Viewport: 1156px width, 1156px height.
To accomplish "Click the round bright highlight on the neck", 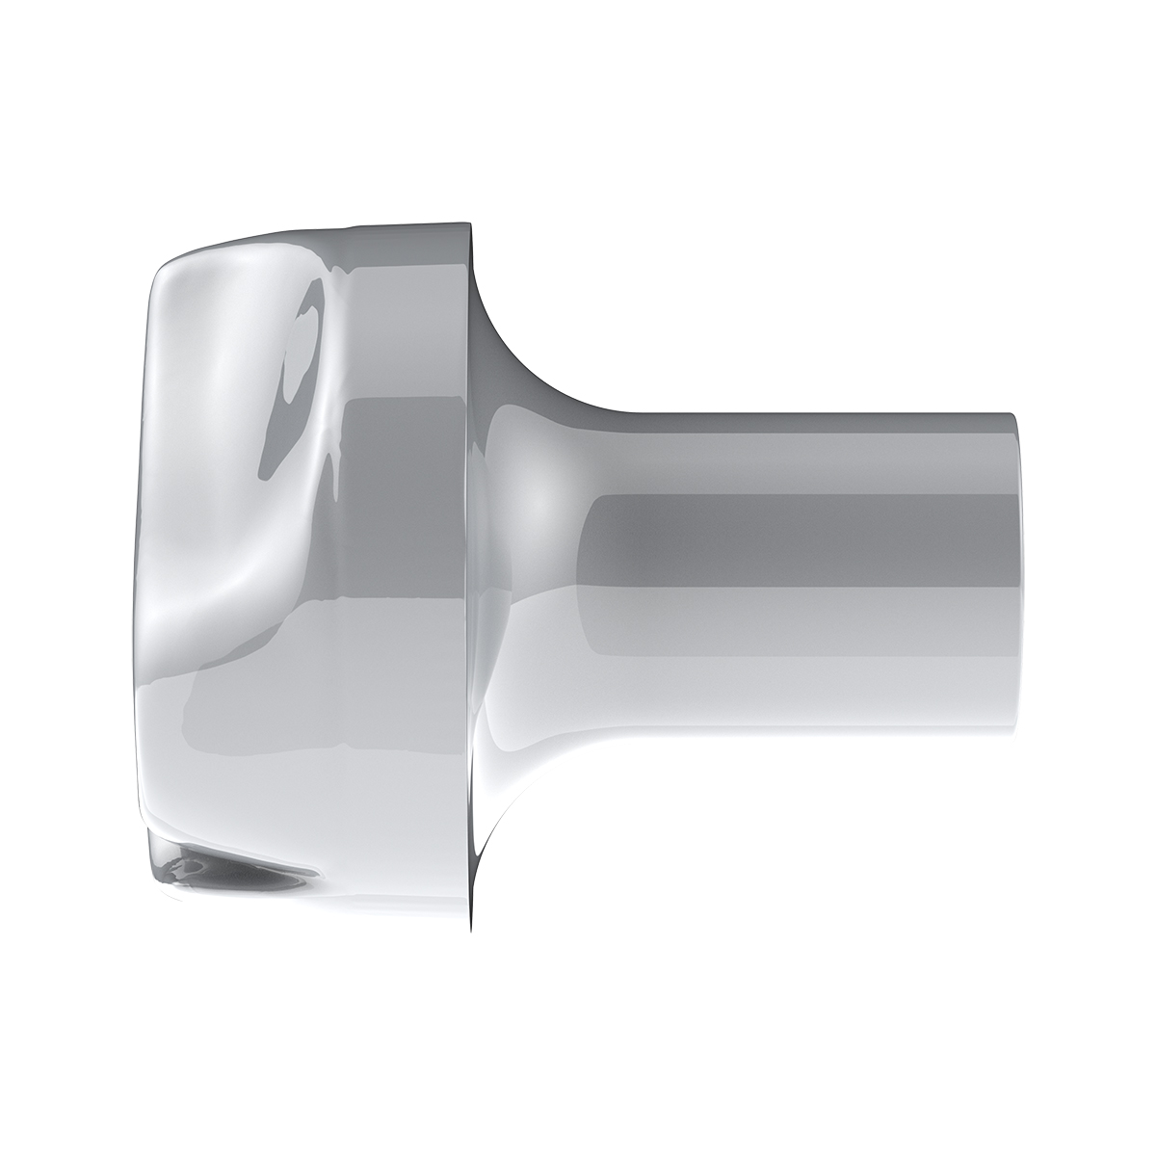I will pyautogui.click(x=535, y=501).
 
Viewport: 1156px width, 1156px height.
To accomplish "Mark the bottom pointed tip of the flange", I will pyautogui.click(x=471, y=933).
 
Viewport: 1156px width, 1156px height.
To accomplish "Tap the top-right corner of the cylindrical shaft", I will pyautogui.click(x=1013, y=415).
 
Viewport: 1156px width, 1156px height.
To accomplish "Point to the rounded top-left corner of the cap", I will pyautogui.click(x=164, y=265).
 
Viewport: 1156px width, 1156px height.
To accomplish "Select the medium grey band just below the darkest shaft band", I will pyautogui.click(x=800, y=607).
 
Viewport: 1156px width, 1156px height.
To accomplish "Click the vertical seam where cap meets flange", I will pyautogui.click(x=469, y=578).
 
